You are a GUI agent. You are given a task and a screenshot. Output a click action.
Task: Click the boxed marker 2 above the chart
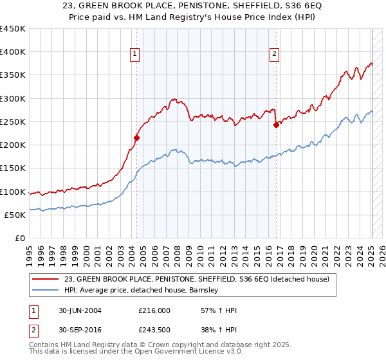274,55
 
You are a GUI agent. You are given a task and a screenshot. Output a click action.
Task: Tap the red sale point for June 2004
136,138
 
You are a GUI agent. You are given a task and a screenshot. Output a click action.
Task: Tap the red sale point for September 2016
276,125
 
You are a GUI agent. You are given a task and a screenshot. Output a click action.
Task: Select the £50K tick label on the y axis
15,215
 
